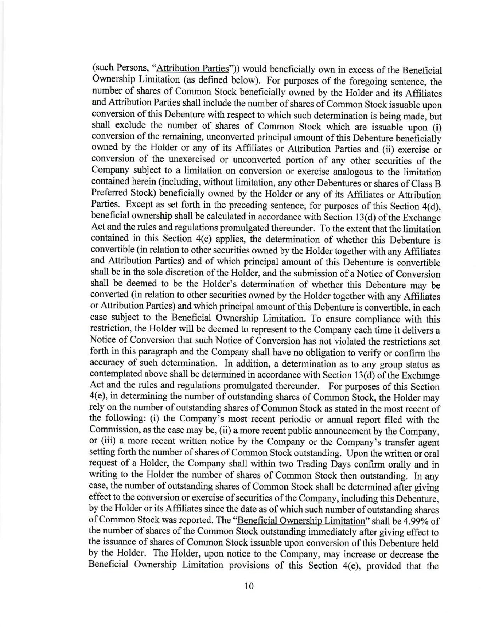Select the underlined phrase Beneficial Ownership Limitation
[x=302, y=521]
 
